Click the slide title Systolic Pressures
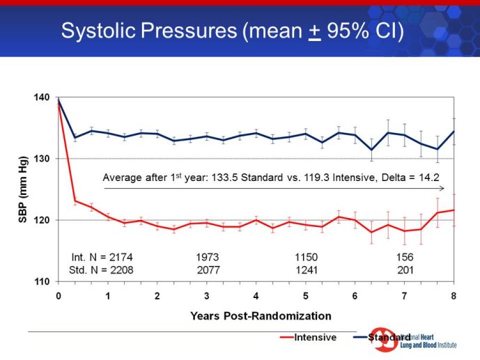[x=232, y=31]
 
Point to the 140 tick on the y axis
[x=42, y=97]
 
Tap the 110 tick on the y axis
[x=42, y=281]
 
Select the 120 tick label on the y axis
[x=42, y=220]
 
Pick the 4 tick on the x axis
[x=256, y=295]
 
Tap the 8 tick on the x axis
[x=454, y=295]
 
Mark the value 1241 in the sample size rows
[x=307, y=269]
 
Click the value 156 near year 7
[x=405, y=257]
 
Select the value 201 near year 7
[x=405, y=269]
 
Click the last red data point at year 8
[x=454, y=210]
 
